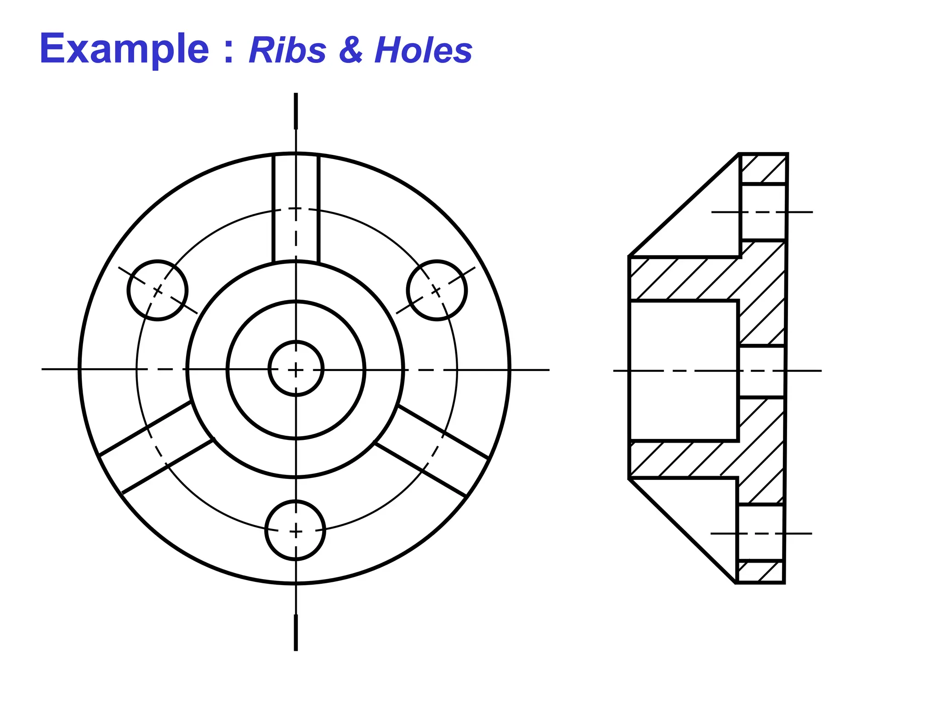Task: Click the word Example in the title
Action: click(124, 49)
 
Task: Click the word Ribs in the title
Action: click(287, 50)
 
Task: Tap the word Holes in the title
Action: click(423, 50)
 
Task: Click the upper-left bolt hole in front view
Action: click(158, 290)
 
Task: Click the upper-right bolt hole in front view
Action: click(436, 290)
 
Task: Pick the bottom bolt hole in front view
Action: click(295, 530)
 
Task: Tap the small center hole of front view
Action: click(296, 369)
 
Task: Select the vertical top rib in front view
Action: click(295, 209)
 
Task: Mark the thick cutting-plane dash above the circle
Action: click(295, 111)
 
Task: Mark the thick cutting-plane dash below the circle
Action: click(295, 632)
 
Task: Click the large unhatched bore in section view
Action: click(683, 370)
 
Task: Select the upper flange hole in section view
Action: click(763, 212)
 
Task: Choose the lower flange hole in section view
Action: click(760, 533)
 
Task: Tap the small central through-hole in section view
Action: click(761, 370)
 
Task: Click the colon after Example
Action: click(228, 52)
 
